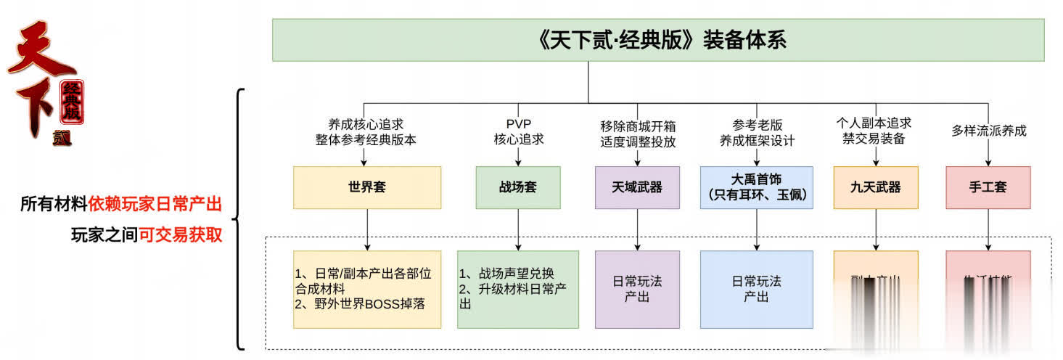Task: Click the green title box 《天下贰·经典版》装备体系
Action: (658, 40)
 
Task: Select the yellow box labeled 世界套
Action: (366, 187)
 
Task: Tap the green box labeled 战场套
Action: (518, 187)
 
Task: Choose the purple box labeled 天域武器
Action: (637, 187)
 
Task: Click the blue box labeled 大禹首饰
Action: (757, 187)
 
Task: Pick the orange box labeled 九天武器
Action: (876, 187)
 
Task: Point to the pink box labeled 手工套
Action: (988, 187)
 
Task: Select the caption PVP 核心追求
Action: (518, 131)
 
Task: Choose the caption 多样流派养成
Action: (989, 131)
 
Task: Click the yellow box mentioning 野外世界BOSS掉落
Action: (366, 289)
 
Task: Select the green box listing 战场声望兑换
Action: (518, 289)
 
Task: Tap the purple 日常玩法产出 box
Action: (637, 289)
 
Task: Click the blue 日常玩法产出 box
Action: (757, 289)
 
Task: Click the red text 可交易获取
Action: (180, 234)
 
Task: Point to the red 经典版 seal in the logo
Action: (72, 102)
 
